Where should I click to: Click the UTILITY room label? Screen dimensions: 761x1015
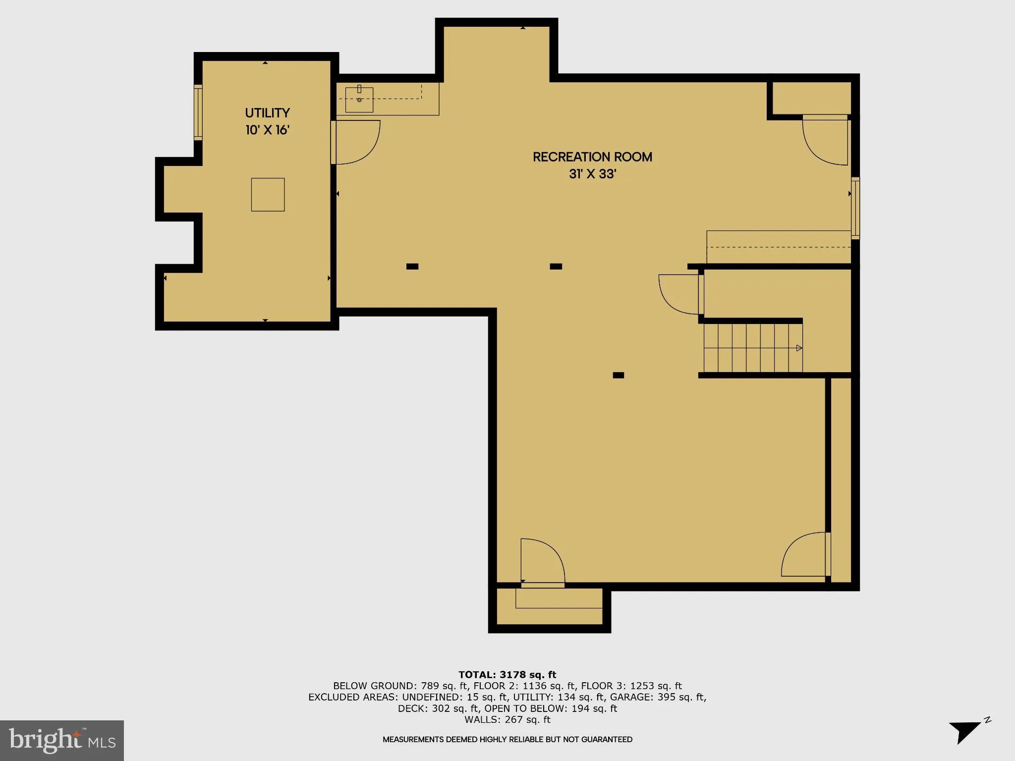click(267, 113)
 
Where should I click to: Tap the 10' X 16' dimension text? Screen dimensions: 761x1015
click(267, 130)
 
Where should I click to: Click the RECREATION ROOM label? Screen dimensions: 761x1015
click(592, 157)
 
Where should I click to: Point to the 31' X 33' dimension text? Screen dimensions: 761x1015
click(592, 174)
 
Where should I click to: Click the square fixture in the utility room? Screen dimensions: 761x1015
click(268, 195)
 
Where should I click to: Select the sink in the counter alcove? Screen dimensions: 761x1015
click(359, 100)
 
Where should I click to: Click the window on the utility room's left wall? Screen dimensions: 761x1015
click(198, 112)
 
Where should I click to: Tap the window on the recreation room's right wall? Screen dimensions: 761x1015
click(855, 208)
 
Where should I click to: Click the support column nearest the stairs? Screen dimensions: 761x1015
click(618, 375)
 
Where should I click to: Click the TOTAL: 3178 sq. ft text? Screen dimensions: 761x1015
click(507, 675)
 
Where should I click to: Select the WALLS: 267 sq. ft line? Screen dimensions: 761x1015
click(507, 720)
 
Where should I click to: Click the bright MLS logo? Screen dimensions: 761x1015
click(61, 740)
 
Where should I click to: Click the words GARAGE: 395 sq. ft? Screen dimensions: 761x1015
click(657, 697)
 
